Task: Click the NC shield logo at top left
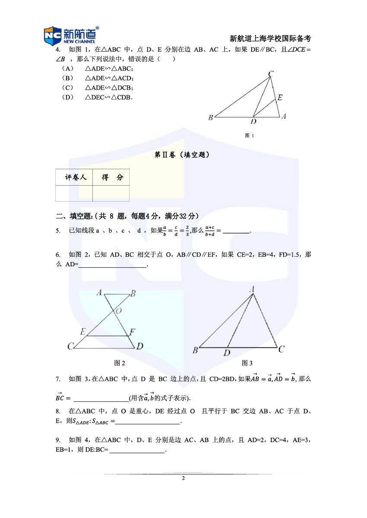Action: [x=52, y=36]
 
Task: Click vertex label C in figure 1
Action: [x=271, y=74]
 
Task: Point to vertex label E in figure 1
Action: [x=280, y=98]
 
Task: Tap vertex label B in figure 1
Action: [x=210, y=117]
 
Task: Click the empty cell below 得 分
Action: [x=111, y=193]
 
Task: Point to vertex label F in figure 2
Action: [x=132, y=332]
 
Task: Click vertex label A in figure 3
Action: [x=251, y=290]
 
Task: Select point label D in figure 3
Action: [x=227, y=353]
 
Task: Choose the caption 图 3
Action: [x=247, y=363]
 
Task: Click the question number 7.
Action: [x=58, y=379]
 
